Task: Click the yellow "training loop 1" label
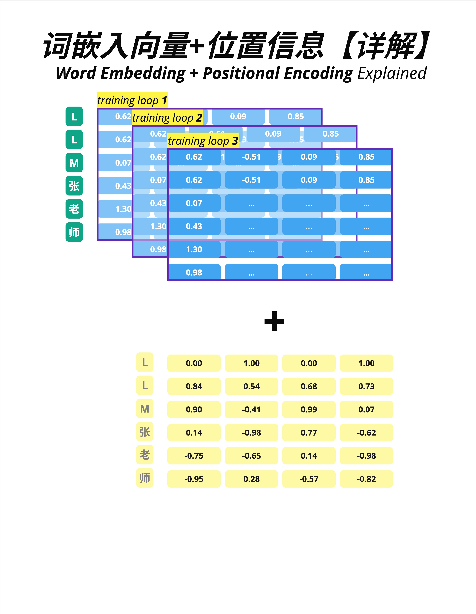click(x=132, y=100)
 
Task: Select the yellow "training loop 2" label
click(x=167, y=117)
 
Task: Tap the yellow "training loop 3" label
click(x=203, y=141)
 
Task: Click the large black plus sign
click(x=274, y=321)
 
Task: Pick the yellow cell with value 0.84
click(x=194, y=386)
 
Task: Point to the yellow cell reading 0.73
click(x=366, y=386)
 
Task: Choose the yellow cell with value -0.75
click(x=194, y=456)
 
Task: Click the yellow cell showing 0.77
click(x=309, y=433)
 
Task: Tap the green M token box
click(x=74, y=163)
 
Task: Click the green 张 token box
click(x=74, y=186)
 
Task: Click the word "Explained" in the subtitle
click(x=392, y=74)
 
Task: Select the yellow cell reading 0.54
click(x=251, y=386)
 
